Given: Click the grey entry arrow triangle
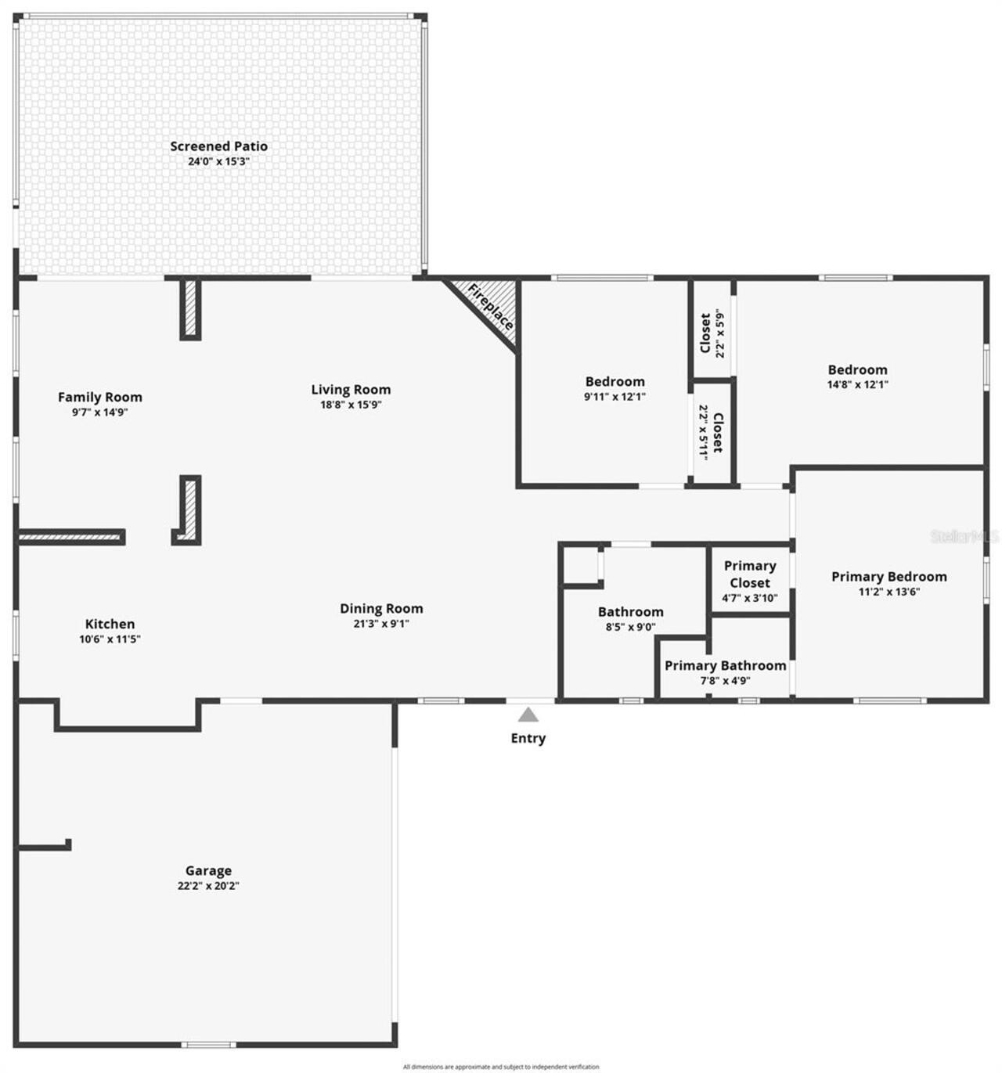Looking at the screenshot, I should [x=528, y=715].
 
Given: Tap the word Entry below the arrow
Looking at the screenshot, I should [x=528, y=738].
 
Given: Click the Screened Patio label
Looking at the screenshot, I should [x=218, y=146].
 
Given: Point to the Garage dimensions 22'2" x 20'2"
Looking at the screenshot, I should [x=208, y=886].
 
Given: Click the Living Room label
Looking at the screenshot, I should [x=351, y=390].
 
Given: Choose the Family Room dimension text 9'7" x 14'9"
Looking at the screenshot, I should [x=100, y=412].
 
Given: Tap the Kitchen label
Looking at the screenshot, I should [x=110, y=624].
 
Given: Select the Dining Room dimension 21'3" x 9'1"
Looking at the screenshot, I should [x=381, y=624].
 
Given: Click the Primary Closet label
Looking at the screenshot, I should [x=750, y=574].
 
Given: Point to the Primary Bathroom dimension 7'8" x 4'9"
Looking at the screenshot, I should [x=725, y=680].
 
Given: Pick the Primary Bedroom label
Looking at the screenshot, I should [x=888, y=577].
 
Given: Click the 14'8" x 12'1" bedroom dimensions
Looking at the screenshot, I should [x=858, y=384].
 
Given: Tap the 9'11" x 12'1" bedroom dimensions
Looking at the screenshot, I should [x=615, y=396].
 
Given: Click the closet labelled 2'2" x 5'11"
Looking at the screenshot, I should [x=712, y=431].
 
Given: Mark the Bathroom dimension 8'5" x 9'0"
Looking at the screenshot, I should [x=630, y=627].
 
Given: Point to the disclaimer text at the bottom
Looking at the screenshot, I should [x=501, y=1067].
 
